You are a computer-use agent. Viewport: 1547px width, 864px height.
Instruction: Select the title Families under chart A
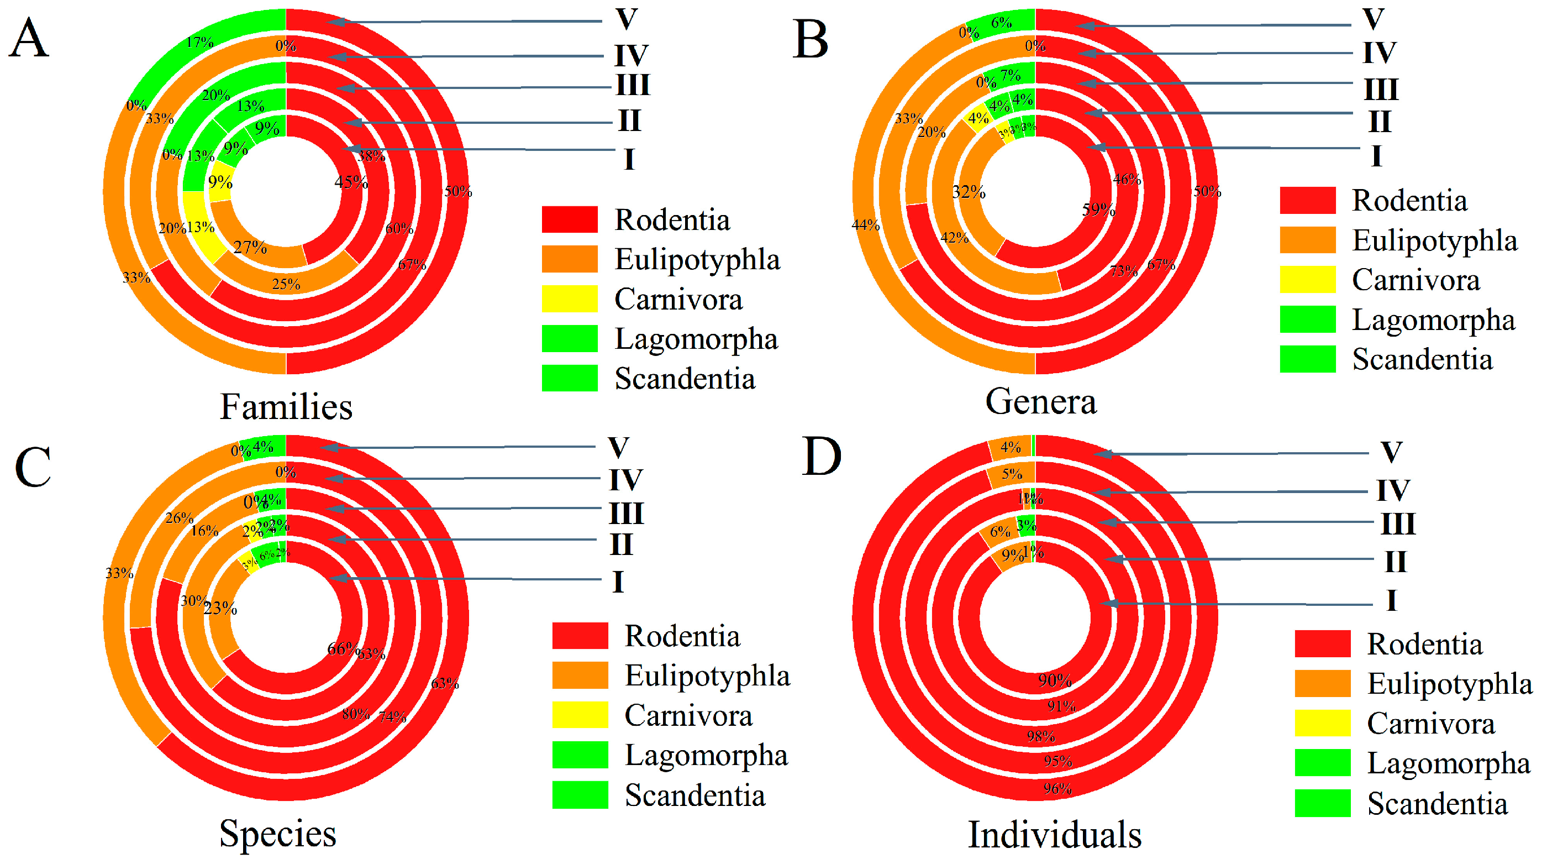pos(286,407)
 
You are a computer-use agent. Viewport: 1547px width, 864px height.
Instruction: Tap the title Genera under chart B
pos(1040,402)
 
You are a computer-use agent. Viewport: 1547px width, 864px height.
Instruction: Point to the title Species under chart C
pos(277,834)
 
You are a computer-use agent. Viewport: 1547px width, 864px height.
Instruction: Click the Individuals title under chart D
pos(1055,835)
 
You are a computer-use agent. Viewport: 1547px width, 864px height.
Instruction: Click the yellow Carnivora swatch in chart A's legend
pos(569,299)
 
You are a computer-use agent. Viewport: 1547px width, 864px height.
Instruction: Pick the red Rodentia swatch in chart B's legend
pos(1307,200)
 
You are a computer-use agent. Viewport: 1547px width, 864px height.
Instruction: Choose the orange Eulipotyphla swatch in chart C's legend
pos(580,675)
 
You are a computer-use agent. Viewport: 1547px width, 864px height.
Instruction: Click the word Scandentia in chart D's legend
pos(1437,804)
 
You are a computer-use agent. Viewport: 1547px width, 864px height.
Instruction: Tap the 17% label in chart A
pos(199,42)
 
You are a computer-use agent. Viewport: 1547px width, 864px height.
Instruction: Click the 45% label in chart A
pos(351,181)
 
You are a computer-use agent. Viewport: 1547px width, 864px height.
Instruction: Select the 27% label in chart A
pos(250,247)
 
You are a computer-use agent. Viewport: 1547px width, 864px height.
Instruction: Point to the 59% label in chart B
pos(1098,210)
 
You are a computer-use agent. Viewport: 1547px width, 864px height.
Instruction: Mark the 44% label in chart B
pos(865,225)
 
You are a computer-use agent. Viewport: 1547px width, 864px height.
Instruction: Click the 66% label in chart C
pos(344,648)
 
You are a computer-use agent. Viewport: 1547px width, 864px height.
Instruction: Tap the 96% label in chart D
pos(1057,788)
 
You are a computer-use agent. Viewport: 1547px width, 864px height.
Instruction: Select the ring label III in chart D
pos(1398,523)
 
